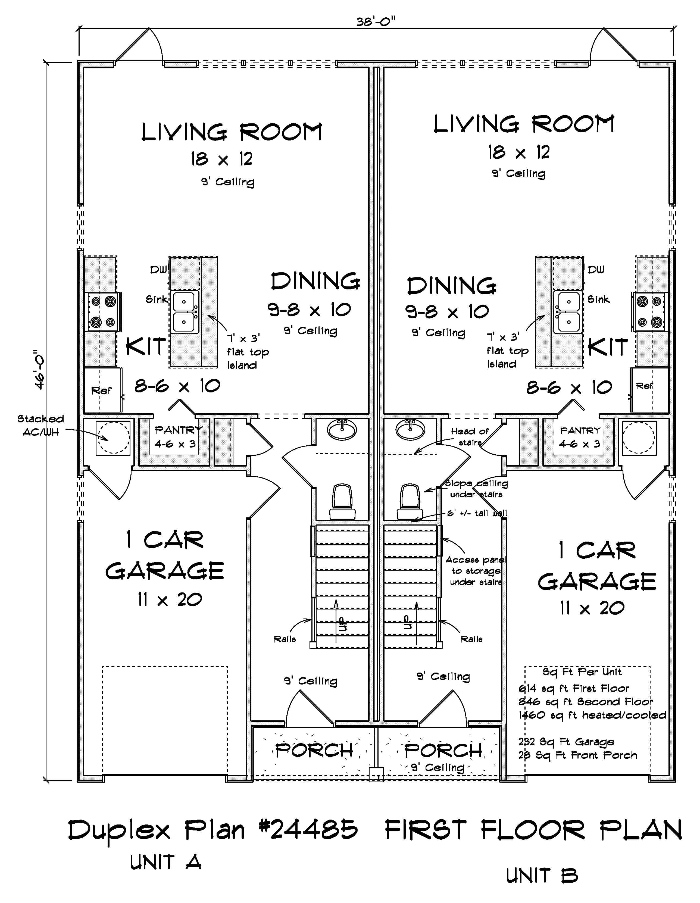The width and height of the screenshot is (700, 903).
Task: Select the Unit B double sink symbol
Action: click(x=567, y=311)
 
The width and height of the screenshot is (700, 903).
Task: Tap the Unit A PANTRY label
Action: click(x=178, y=430)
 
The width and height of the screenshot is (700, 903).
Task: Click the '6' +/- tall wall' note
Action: click(x=477, y=513)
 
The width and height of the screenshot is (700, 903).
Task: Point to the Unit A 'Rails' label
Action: click(x=285, y=639)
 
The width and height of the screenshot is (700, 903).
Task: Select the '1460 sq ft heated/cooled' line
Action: click(x=592, y=715)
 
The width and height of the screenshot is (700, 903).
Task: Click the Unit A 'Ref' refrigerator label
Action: click(x=101, y=390)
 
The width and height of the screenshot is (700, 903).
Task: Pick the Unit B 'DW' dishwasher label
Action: click(x=596, y=270)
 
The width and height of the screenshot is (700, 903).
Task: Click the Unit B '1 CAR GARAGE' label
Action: click(x=597, y=566)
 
